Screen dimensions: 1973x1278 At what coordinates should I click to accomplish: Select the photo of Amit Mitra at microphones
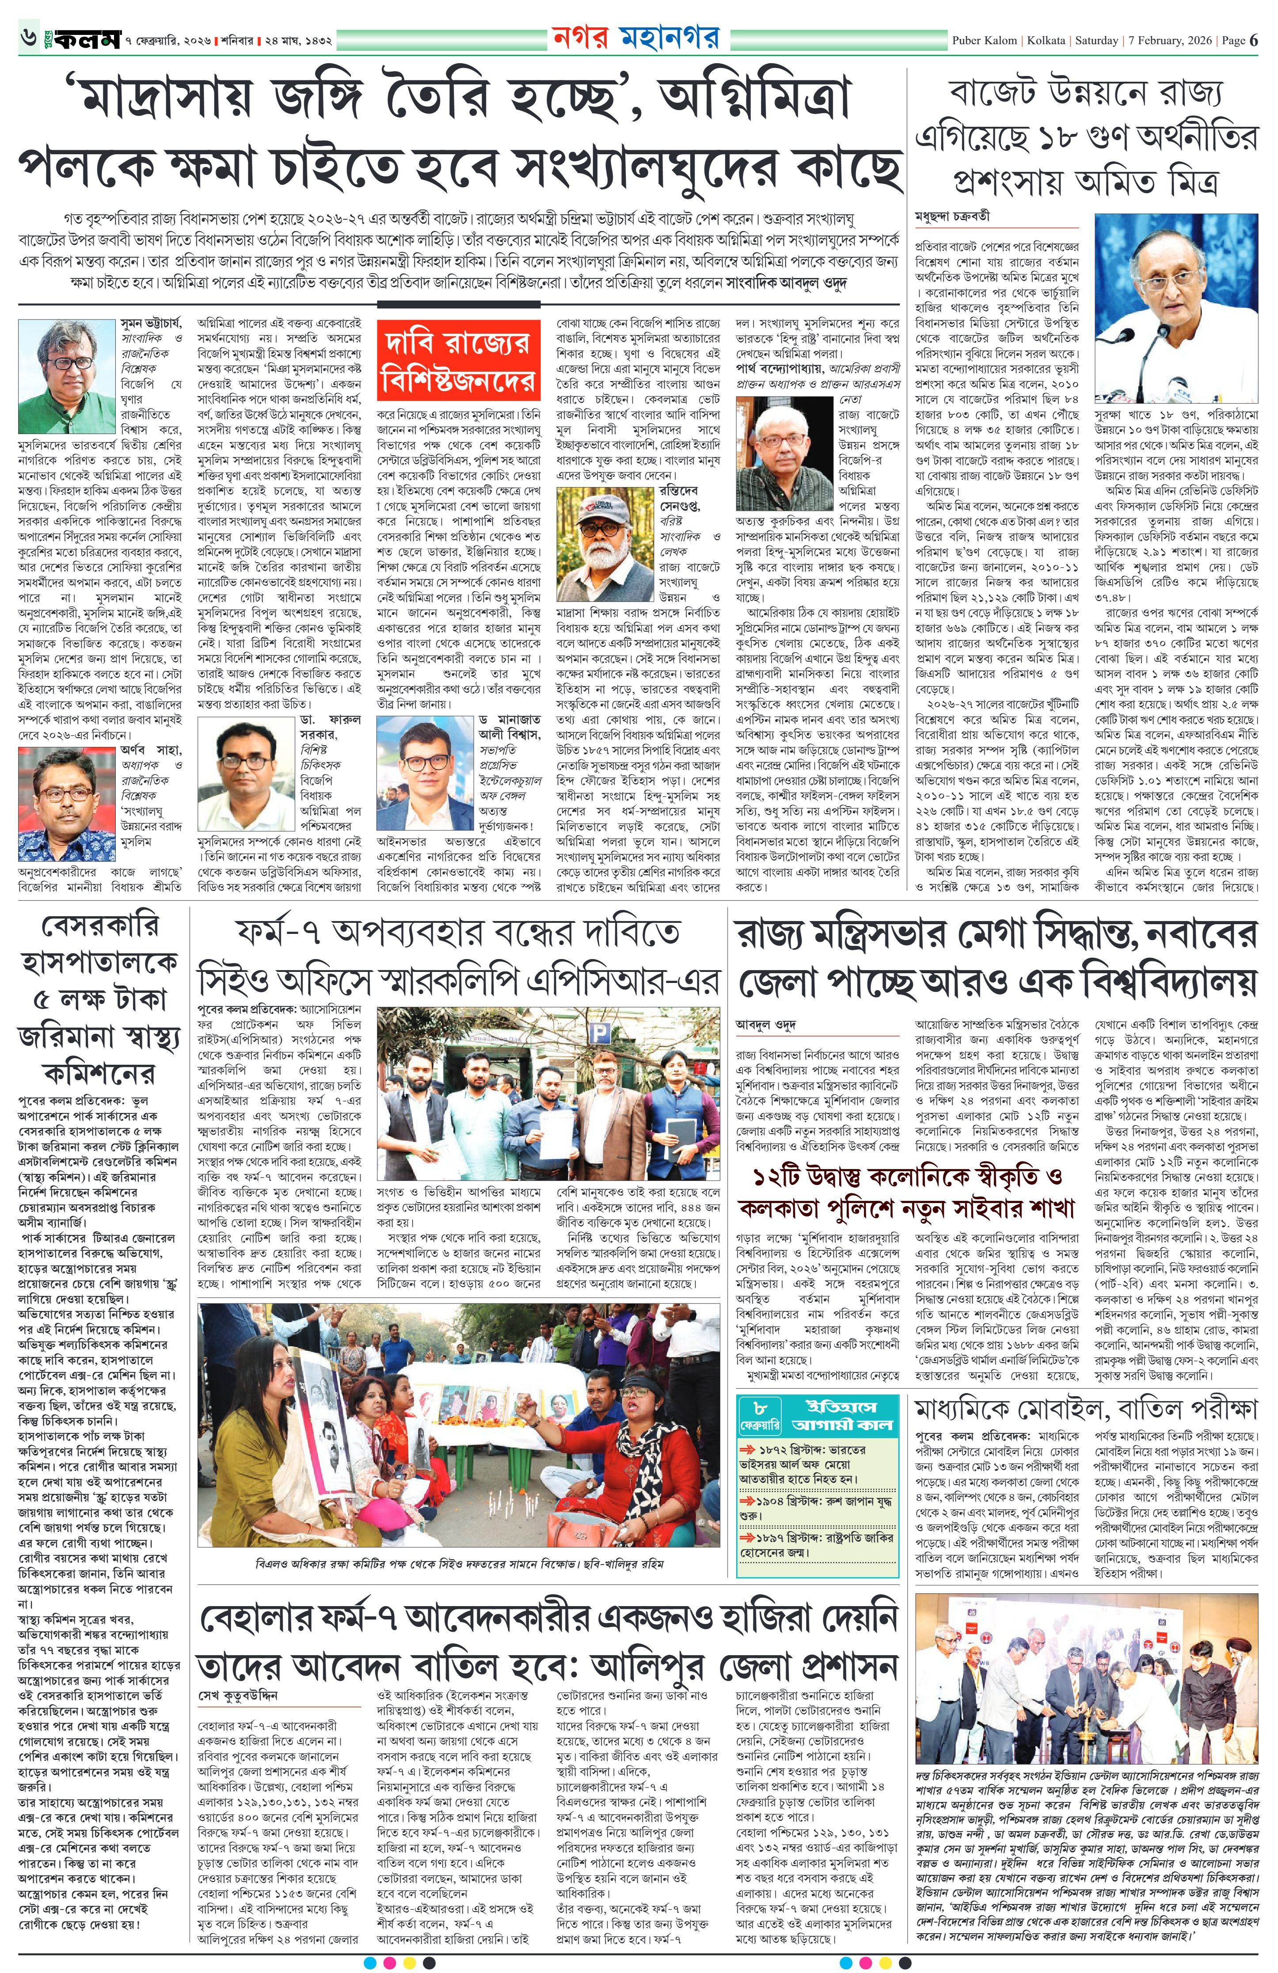pos(1175,309)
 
